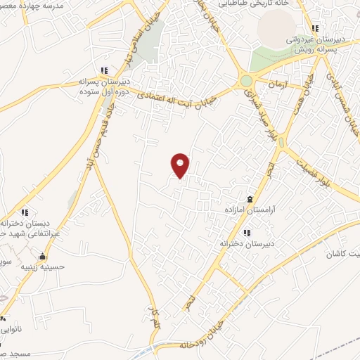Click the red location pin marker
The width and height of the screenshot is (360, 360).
[180, 165]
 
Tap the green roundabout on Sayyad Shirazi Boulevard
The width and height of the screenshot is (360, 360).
[246, 81]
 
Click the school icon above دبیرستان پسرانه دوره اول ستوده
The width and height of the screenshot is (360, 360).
[105, 70]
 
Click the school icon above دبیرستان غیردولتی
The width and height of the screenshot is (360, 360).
[316, 29]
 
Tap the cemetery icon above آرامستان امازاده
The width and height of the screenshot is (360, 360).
[251, 198]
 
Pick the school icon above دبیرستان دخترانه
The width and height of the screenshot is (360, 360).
[246, 232]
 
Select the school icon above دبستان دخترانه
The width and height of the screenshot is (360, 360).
[25, 212]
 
